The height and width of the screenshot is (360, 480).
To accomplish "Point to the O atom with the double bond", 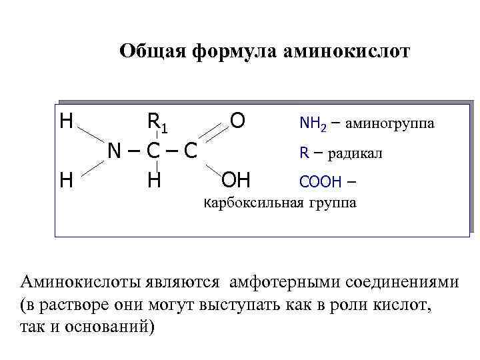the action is pos(237,120).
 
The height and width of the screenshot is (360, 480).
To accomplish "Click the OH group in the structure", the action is pos(235,180).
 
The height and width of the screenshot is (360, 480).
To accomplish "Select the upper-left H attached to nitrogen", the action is pos(66,121).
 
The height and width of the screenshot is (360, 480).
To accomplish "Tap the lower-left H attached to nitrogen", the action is pos(66,179).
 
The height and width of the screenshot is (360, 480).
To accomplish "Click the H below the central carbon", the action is pos(155,180).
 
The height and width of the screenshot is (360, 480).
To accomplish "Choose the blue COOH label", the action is pos(321,181).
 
